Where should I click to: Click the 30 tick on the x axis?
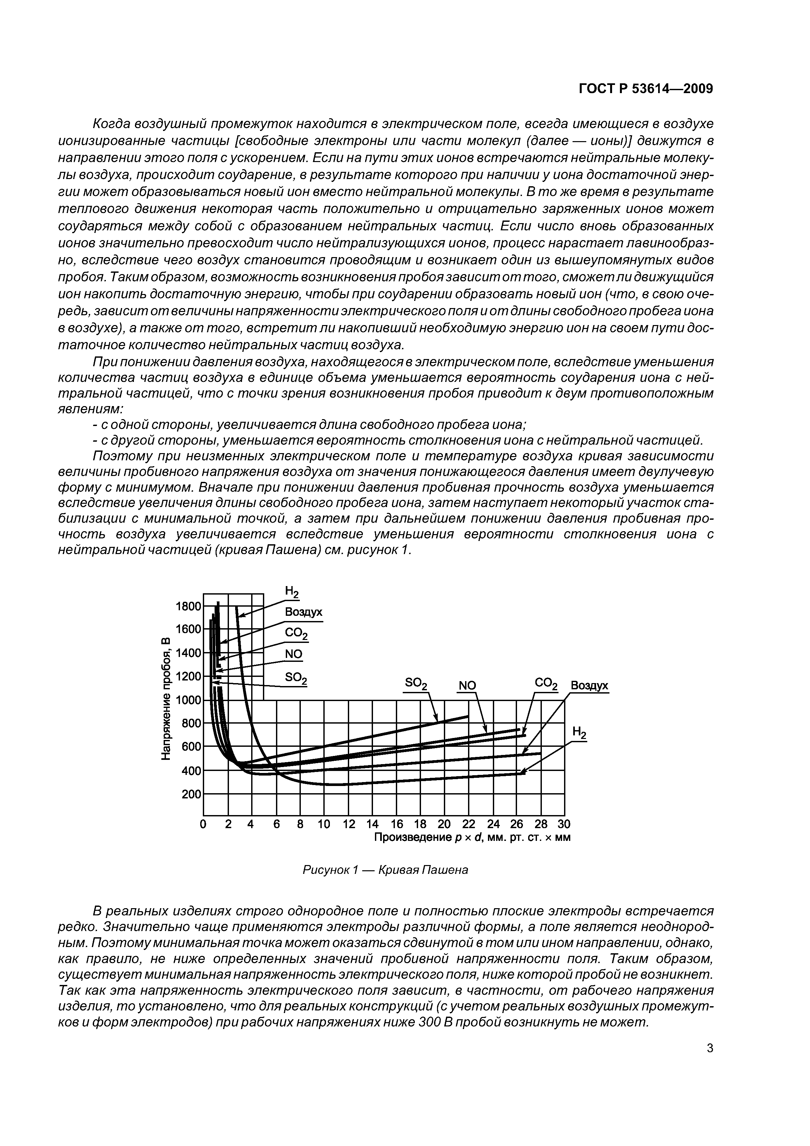pos(564,824)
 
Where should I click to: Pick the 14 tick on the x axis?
pos(372,824)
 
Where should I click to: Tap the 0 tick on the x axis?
pos(203,824)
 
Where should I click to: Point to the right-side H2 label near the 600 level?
pos(579,733)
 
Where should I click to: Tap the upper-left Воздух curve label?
pos(303,613)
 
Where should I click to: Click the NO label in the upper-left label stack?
pos(293,654)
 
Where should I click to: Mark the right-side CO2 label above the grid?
pos(546,683)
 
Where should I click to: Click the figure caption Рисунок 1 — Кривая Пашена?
pos(385,870)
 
